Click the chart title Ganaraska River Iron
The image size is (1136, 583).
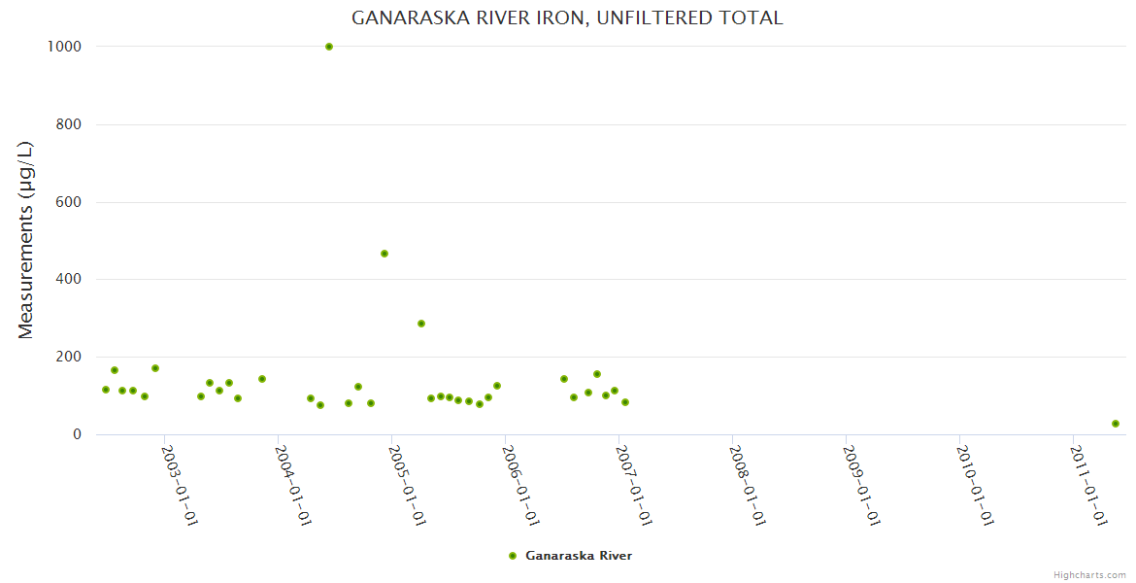point(567,18)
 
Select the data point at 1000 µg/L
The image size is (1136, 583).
point(329,47)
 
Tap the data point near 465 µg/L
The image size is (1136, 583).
point(384,254)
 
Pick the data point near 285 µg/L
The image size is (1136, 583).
point(421,324)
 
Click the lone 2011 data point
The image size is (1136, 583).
point(1116,424)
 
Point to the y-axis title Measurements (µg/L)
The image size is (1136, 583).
point(26,240)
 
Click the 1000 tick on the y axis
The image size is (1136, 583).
point(63,47)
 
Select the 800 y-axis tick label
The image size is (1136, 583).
point(67,124)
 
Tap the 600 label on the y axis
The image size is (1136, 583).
point(67,202)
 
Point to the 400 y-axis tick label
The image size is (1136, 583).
point(67,280)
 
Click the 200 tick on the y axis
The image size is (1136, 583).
point(67,357)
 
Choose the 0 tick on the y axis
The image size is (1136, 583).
point(76,434)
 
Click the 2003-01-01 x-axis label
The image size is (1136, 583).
point(180,485)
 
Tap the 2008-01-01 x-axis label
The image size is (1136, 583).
point(749,485)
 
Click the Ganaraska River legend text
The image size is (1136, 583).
point(579,556)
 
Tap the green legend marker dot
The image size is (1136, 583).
point(513,556)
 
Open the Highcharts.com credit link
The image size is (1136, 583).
point(1089,575)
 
